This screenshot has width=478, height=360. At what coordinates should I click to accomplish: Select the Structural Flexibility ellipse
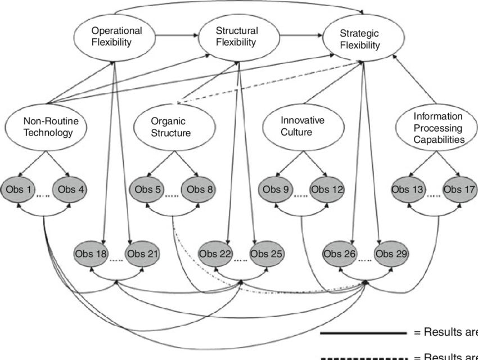[x=237, y=37]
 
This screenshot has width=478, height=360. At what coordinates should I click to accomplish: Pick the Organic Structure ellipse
[x=170, y=127]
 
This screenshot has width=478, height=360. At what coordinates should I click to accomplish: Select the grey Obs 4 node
[x=70, y=190]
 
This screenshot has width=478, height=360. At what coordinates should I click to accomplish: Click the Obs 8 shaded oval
[x=198, y=190]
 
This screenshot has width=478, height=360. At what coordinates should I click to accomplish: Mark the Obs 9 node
[x=277, y=190]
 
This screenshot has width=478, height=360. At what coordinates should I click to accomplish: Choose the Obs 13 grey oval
[x=408, y=190]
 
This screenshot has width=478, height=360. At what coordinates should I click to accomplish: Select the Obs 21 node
[x=142, y=254]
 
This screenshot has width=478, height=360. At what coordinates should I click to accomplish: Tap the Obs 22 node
[x=215, y=254]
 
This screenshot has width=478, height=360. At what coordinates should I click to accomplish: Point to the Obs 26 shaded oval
[x=340, y=254]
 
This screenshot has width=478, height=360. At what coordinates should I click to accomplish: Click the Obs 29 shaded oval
[x=392, y=254]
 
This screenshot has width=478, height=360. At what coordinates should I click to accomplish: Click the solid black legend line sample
[x=363, y=332]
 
